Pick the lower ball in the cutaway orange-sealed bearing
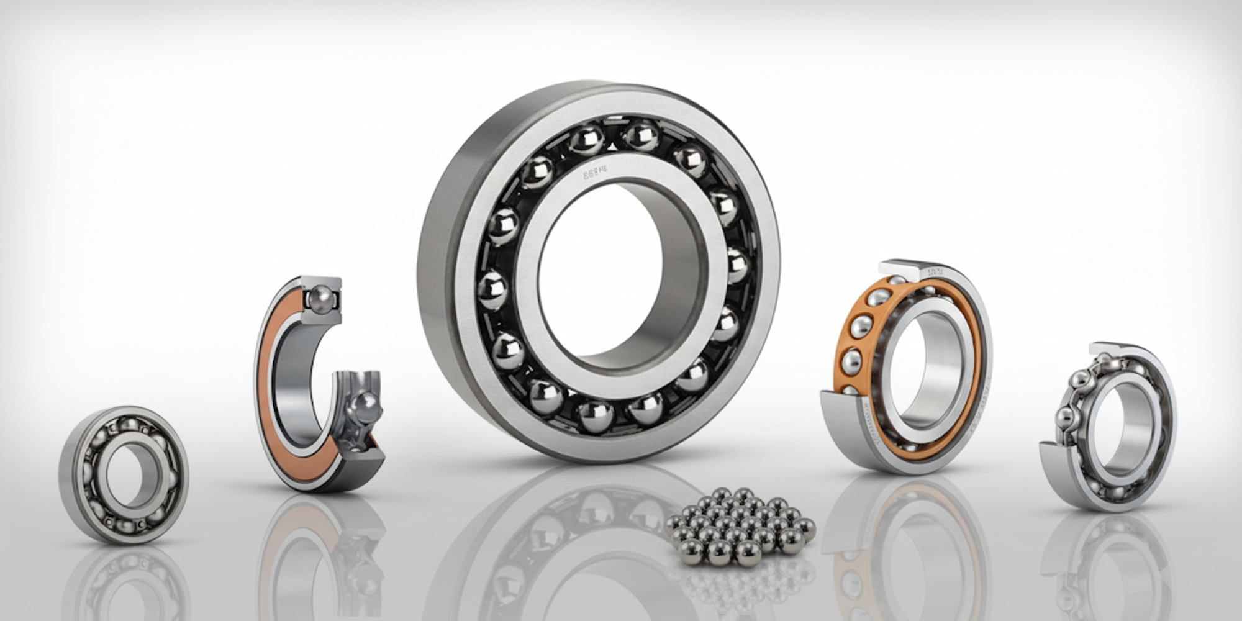tap(361, 407)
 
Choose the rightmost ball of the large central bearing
tap(737, 265)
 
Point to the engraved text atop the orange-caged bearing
tap(934, 271)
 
